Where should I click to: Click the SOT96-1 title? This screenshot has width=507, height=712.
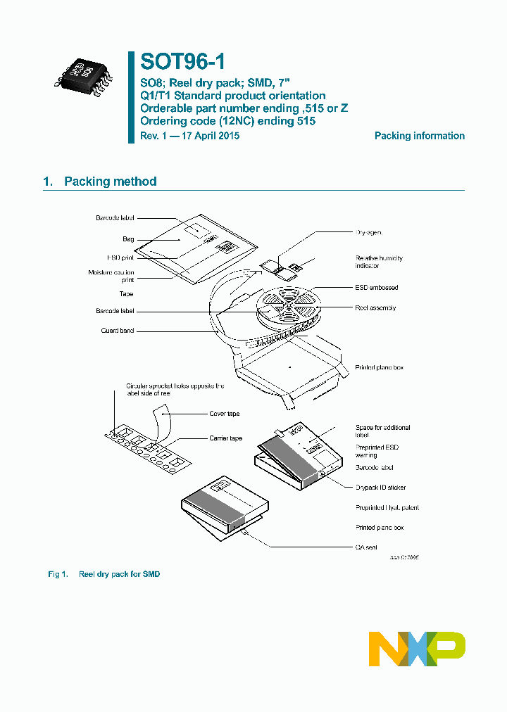click(x=182, y=63)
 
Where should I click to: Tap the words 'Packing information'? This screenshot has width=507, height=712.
click(x=419, y=136)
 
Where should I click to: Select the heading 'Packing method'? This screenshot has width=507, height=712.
click(x=110, y=182)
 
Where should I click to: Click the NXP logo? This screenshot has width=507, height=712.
click(x=417, y=649)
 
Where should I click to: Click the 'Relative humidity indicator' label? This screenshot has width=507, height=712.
click(x=378, y=262)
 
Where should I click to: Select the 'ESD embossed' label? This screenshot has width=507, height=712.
click(x=376, y=287)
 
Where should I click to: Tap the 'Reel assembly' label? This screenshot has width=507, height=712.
click(x=375, y=307)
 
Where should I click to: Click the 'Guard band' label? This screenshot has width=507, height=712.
click(x=117, y=330)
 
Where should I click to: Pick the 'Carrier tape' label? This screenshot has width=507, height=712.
click(x=225, y=438)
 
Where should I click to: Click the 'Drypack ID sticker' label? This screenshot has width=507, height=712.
click(x=380, y=488)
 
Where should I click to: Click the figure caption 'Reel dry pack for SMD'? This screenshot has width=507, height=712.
click(x=119, y=574)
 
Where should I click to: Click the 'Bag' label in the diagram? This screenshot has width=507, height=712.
click(x=127, y=239)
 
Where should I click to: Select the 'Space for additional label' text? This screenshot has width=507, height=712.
click(x=382, y=431)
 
